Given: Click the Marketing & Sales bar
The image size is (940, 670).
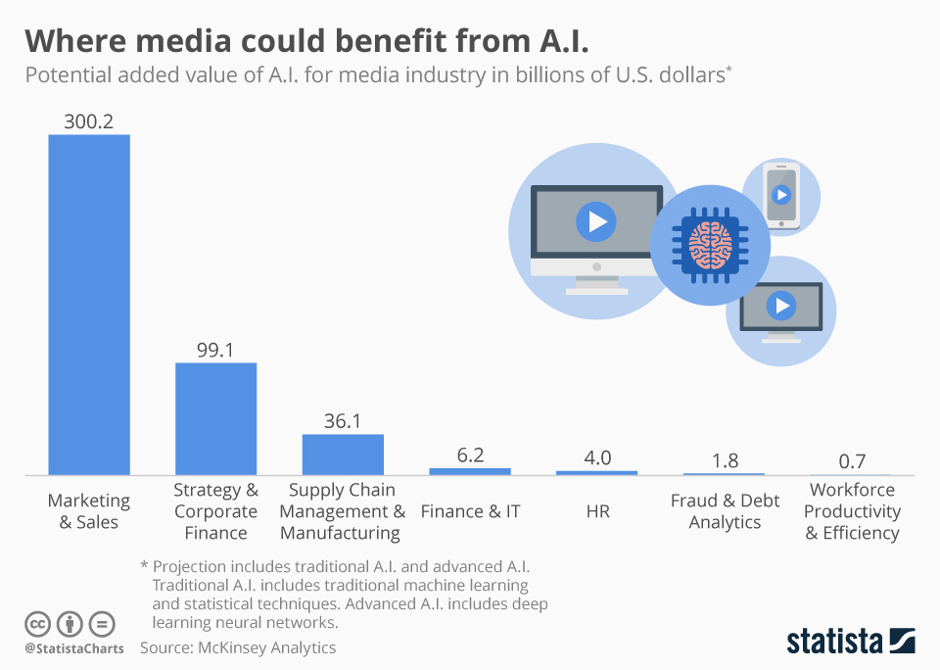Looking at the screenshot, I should (x=89, y=305).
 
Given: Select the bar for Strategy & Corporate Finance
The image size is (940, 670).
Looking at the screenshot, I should (x=215, y=419).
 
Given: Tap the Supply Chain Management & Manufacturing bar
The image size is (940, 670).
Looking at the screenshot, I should (x=343, y=455).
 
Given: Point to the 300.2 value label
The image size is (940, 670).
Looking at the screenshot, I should (x=89, y=121).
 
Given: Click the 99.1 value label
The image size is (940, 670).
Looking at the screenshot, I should (x=215, y=350).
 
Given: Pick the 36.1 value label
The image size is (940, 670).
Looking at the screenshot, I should (x=343, y=421).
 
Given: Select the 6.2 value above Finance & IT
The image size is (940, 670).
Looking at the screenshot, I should (x=470, y=455).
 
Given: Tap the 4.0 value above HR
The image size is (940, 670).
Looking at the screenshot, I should (x=597, y=457).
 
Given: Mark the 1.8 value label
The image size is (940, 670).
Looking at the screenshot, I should (x=725, y=460).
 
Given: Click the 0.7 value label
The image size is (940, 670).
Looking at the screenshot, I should (x=852, y=461).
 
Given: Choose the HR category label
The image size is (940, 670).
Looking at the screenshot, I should (x=597, y=511).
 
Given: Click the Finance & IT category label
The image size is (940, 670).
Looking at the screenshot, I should (x=470, y=511).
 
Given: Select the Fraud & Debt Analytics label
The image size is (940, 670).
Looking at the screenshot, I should (x=725, y=511).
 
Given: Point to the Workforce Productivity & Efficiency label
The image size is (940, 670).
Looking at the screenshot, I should (x=852, y=511).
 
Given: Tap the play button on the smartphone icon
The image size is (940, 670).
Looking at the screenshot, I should (x=780, y=194).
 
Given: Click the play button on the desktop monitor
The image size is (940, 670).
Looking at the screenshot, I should (x=595, y=221).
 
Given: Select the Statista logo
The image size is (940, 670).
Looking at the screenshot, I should (x=851, y=642).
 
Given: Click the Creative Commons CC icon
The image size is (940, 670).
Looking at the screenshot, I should (x=38, y=624).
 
